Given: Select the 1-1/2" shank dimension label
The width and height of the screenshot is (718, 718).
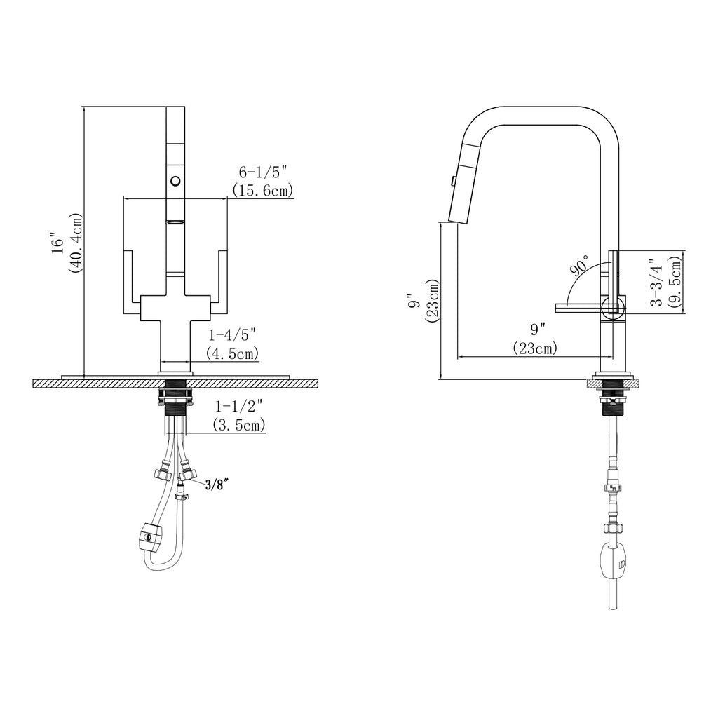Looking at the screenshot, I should [239, 406].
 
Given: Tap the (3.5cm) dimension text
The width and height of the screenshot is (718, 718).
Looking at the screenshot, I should [239, 425].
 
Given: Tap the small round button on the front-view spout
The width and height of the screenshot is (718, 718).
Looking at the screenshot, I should [174, 182].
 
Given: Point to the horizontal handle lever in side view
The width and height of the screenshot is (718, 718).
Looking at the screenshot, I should [579, 307].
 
